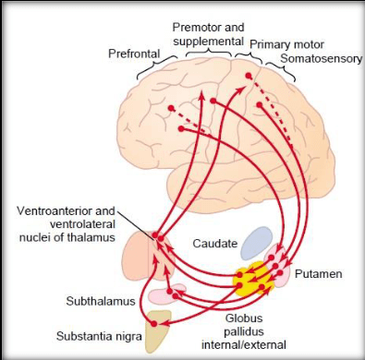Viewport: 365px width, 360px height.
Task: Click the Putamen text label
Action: coord(319,274)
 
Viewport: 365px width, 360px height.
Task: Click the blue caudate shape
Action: coord(257,242)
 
